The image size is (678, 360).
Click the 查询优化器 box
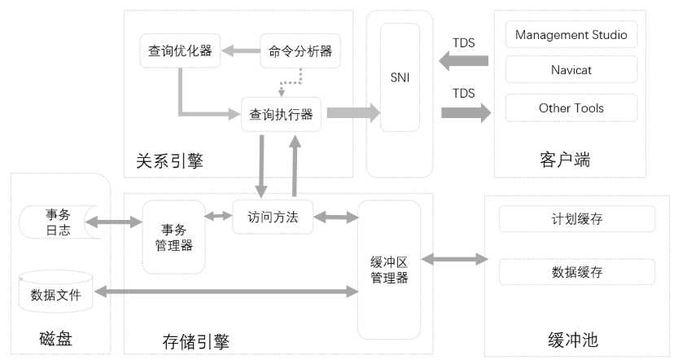click(180, 50)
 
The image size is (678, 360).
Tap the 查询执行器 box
click(282, 114)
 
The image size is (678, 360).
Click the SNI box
click(400, 77)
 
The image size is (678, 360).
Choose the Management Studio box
click(571, 36)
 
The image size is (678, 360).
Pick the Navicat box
click(571, 70)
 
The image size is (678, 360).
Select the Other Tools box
click(571, 108)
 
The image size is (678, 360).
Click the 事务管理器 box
click(173, 236)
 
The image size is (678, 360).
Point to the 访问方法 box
click(273, 217)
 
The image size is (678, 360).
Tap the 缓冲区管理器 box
click(389, 269)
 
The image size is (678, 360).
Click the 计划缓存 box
click(576, 219)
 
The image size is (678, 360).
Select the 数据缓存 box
click(576, 272)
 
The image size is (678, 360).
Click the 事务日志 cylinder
click(57, 222)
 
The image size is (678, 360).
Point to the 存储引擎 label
click(195, 340)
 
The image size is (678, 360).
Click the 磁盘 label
click(55, 338)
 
